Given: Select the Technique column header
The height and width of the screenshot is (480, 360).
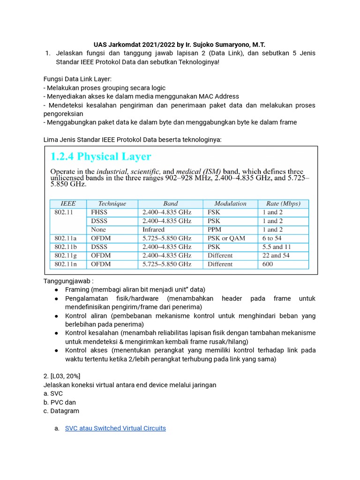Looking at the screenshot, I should click(x=112, y=203).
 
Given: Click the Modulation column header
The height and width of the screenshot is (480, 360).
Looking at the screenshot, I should click(x=230, y=203).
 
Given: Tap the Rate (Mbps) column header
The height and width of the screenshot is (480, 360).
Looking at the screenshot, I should click(x=283, y=203).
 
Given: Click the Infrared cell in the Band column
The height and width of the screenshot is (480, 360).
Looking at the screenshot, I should click(x=153, y=230).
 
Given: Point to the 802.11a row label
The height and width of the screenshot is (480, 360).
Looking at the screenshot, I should click(x=67, y=238).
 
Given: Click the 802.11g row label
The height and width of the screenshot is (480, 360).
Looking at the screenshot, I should click(x=67, y=255).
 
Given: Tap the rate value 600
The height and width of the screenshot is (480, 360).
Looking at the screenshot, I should click(x=268, y=264).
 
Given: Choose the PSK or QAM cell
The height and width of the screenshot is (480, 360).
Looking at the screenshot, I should click(x=226, y=238).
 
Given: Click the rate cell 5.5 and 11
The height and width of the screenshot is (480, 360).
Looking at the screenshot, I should click(x=277, y=247).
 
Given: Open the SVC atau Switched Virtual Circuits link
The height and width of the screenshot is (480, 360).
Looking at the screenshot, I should click(x=115, y=428).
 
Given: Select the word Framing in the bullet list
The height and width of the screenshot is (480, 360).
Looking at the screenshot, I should click(x=77, y=290).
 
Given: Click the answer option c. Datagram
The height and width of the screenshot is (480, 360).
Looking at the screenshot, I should click(x=61, y=411).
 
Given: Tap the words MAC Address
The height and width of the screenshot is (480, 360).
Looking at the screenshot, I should click(x=218, y=97).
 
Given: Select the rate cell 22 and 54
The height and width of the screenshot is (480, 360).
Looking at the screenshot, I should click(x=276, y=255).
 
